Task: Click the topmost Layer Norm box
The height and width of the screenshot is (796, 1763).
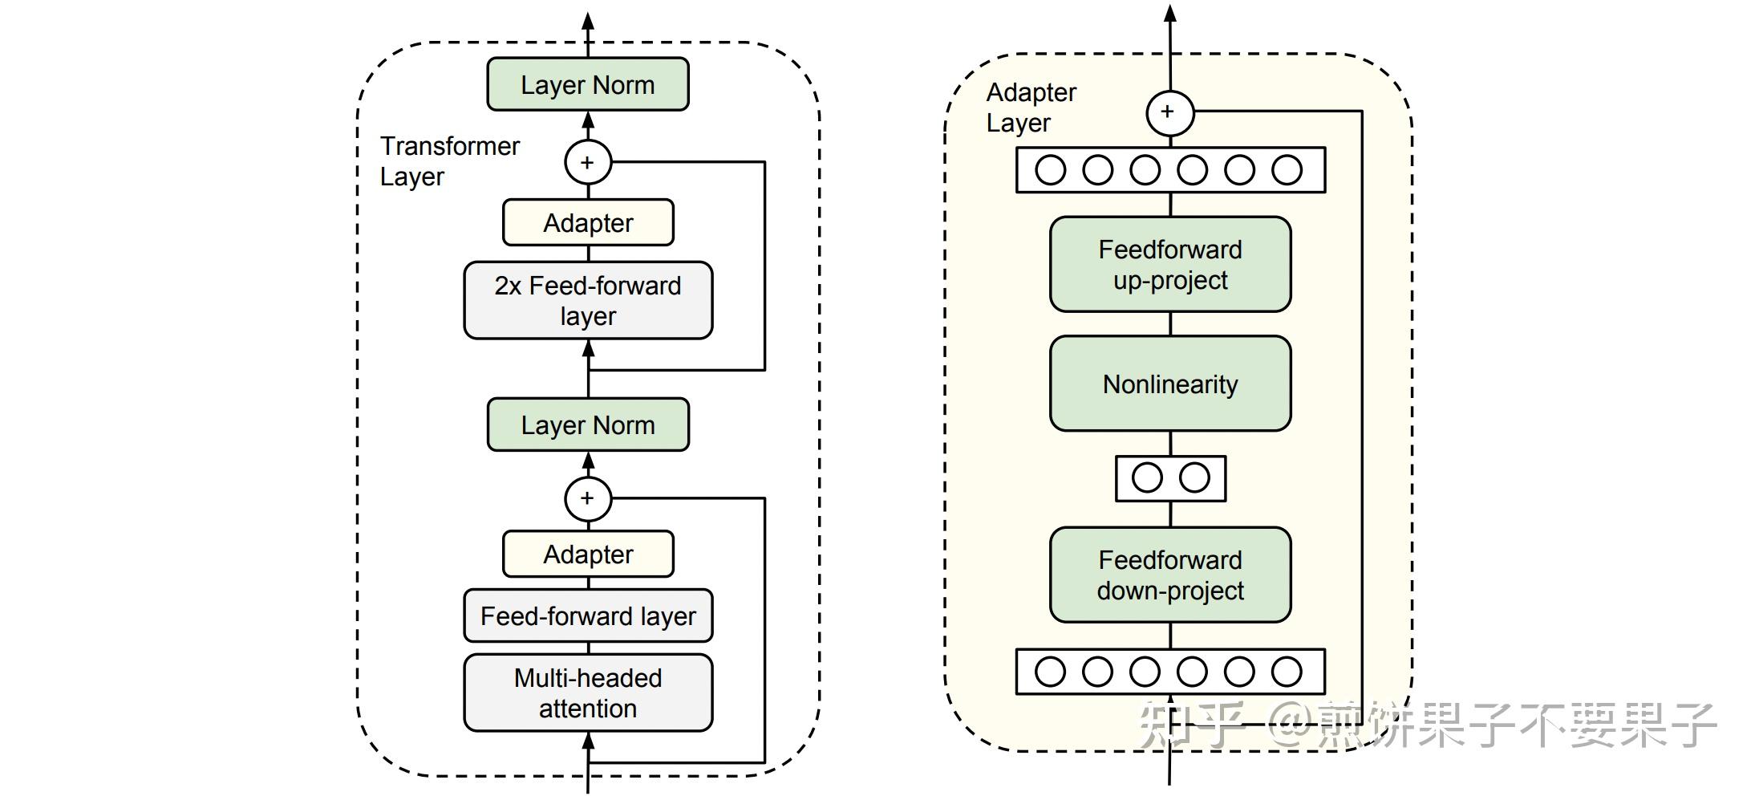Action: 587,84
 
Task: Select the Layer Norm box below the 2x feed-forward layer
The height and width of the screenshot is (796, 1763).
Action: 587,424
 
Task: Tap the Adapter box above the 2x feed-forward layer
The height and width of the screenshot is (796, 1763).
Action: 587,222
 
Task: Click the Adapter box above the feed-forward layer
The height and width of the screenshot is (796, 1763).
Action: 587,554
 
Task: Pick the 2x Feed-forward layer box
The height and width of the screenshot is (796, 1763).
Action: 587,300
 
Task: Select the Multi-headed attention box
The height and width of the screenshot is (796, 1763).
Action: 587,692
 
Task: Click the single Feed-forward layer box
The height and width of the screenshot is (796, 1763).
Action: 587,615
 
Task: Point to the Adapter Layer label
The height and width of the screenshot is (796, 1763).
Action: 1030,108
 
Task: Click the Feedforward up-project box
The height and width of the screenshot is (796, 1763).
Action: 1169,264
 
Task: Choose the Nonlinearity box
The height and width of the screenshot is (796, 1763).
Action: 1169,384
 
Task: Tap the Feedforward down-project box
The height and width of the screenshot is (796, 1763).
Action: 1169,575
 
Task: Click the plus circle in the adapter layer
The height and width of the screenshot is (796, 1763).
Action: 1169,112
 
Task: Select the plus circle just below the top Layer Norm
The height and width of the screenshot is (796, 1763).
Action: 587,162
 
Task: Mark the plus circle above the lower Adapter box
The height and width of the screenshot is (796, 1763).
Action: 587,498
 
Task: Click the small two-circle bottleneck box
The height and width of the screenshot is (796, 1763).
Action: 1170,478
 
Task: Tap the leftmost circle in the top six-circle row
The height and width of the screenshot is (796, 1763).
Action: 1050,170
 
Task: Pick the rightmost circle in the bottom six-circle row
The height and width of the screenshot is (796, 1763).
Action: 1287,672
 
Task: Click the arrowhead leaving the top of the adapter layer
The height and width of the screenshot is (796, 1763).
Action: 1170,14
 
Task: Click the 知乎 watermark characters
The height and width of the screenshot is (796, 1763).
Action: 1192,725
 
